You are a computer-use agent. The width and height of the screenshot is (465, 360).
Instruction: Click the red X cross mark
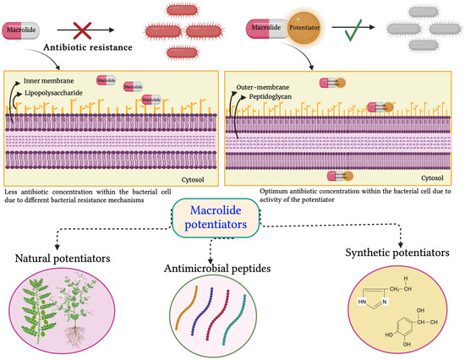104,31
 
